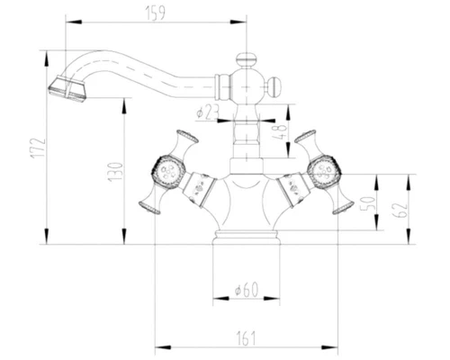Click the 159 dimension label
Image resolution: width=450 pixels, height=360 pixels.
(155, 13)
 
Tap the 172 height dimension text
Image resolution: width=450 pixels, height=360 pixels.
(38, 148)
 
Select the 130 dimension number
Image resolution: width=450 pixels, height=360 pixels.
(115, 172)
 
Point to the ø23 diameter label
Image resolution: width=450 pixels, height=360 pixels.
(208, 112)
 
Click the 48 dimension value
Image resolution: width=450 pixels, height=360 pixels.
(280, 131)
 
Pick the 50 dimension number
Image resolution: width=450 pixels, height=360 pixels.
(368, 203)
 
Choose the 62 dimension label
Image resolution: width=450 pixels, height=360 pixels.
(400, 210)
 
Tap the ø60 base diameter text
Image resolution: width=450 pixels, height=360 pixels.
(247, 290)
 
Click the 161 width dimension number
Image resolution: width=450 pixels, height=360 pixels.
(247, 338)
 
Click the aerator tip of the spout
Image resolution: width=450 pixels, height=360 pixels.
(67, 89)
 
